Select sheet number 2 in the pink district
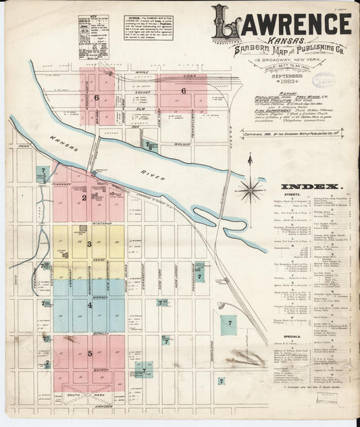pyautogui.click(x=84, y=198)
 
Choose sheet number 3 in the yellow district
pyautogui.click(x=88, y=244)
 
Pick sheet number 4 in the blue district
pyautogui.click(x=88, y=305)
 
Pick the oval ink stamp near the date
pyautogui.click(x=324, y=80)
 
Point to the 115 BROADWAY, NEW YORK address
pyautogui.click(x=288, y=61)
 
